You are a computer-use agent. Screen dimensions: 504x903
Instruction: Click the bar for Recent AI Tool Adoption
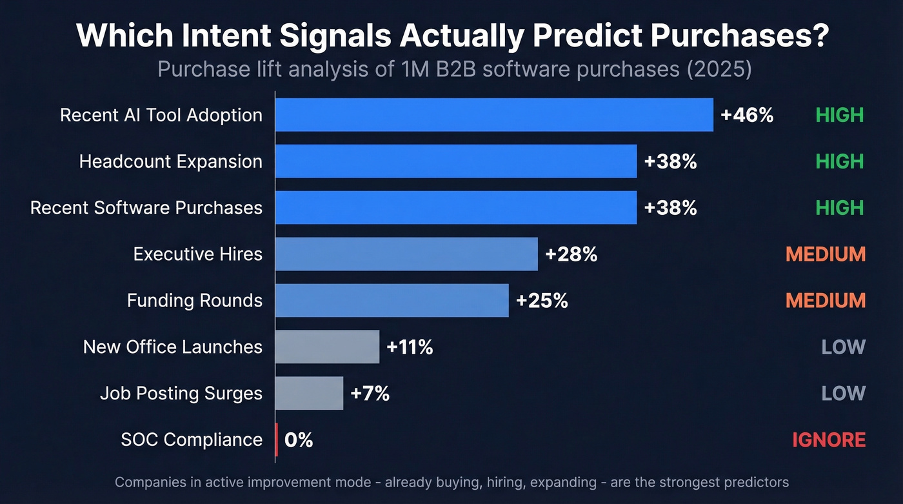494,115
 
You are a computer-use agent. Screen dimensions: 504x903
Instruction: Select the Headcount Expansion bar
456,161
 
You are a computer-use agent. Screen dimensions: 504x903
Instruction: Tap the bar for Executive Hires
406,254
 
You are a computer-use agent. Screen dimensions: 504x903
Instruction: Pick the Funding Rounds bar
392,301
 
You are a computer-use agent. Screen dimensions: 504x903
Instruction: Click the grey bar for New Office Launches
327,347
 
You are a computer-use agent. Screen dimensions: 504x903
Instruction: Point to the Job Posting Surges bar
309,394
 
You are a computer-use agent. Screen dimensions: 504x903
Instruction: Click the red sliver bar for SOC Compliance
277,440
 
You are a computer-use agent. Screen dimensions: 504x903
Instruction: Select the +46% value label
746,115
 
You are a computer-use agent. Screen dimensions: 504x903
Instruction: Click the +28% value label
571,254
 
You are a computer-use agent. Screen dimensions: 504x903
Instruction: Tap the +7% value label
370,394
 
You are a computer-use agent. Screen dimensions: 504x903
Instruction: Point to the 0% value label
299,440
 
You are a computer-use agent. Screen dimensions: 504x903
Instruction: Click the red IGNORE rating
828,440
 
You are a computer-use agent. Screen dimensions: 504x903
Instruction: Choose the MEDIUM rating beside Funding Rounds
825,301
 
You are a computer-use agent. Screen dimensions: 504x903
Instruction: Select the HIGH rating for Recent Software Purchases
839,208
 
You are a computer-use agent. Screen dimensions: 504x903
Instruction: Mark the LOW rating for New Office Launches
843,347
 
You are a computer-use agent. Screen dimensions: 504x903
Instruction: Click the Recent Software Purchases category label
146,208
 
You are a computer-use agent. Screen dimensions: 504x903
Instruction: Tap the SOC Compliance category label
192,440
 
